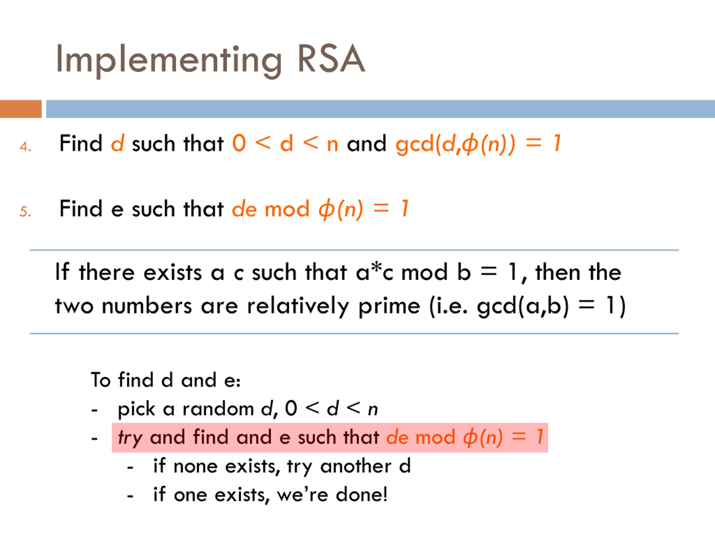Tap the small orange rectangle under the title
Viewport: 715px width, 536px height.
coord(21,109)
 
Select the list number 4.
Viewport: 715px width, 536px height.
coord(25,147)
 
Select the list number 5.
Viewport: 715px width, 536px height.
coord(25,212)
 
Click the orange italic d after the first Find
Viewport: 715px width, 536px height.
coord(117,143)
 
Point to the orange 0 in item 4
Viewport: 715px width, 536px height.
coord(239,143)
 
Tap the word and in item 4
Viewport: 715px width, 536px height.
coord(366,143)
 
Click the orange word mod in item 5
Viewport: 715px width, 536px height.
coord(287,209)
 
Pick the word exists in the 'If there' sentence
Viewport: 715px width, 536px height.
coord(173,273)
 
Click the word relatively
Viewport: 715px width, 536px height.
coord(298,306)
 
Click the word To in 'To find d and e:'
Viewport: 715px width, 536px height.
coord(101,380)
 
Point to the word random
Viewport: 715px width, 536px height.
coord(218,409)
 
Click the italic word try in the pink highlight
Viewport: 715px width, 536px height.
coord(130,438)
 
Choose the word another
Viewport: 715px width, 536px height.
coord(356,466)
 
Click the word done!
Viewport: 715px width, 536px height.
coord(361,495)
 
